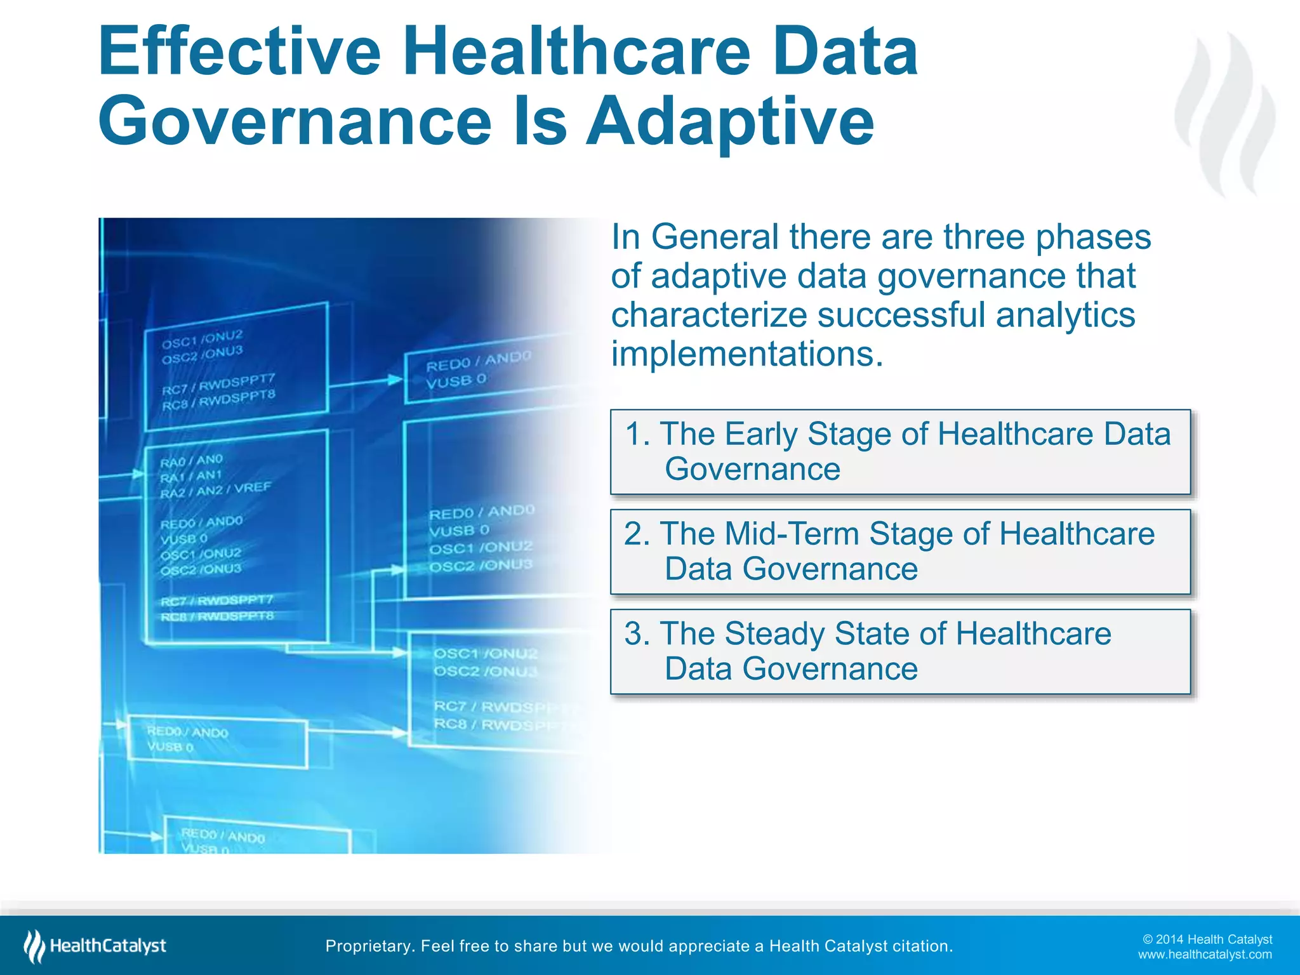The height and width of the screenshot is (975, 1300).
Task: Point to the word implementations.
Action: (x=746, y=354)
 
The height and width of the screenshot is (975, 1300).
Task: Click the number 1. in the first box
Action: (x=637, y=435)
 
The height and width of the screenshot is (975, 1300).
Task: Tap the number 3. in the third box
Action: (x=637, y=634)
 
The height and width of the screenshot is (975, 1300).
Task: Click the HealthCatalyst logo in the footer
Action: (x=95, y=946)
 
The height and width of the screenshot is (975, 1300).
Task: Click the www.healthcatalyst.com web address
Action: (x=1204, y=955)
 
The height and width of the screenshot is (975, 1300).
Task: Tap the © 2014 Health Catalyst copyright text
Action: (x=1207, y=939)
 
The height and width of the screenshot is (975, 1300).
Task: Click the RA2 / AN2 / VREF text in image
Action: (x=215, y=490)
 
